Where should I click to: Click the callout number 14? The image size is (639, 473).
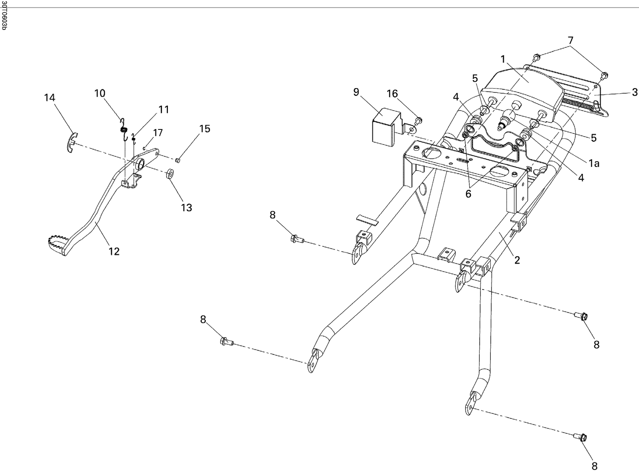49,97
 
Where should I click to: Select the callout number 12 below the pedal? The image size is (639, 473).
114,251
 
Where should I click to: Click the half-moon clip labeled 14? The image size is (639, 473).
71,141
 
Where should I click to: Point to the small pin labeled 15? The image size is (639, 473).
178,160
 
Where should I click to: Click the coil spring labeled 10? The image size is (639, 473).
124,129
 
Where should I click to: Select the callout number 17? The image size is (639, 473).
158,133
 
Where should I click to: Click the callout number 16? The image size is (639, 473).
392,94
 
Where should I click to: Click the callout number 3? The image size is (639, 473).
635,92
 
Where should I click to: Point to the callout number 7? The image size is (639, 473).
570,41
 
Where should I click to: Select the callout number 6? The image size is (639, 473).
468,194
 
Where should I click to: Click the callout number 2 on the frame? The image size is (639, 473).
517,260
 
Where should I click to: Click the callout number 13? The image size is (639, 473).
187,207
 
